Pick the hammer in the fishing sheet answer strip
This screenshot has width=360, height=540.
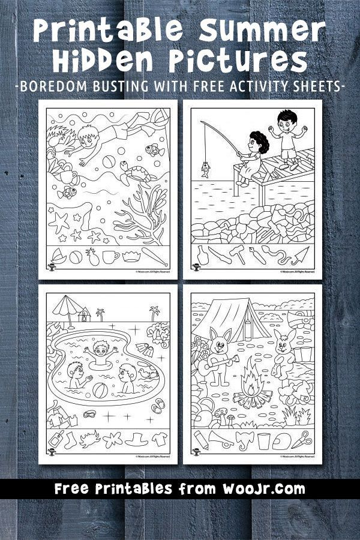(237, 256)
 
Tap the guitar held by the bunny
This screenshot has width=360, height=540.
(218, 363)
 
